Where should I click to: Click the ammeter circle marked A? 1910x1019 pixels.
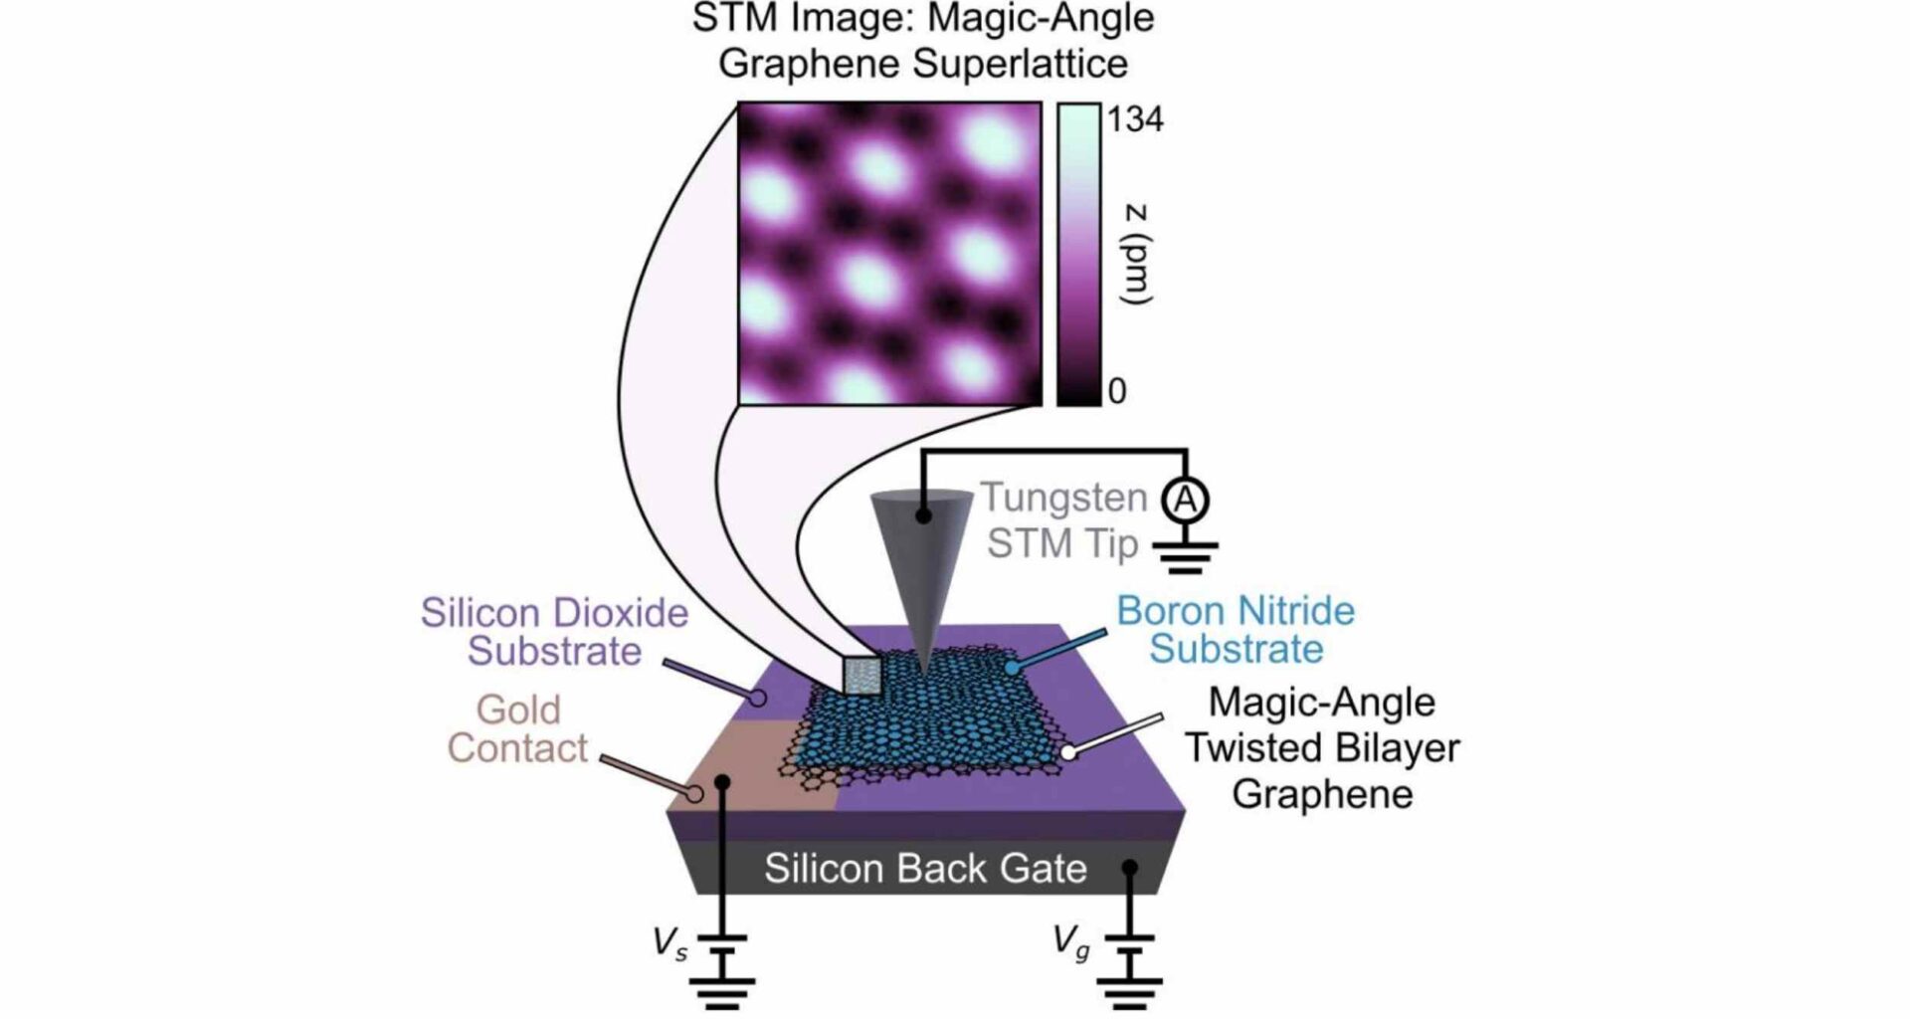coord(1185,500)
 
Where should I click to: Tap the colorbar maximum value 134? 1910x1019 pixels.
coord(1135,119)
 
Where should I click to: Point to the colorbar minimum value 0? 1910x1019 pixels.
coord(1117,391)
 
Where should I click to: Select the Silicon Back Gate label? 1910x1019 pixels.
coord(924,869)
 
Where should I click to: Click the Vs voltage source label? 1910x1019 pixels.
coord(669,942)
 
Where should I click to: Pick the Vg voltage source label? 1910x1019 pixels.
coord(1071,941)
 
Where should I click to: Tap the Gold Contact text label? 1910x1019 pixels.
coord(517,729)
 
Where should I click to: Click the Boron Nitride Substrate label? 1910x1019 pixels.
coord(1236,630)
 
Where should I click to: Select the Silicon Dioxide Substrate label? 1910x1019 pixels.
coord(554,632)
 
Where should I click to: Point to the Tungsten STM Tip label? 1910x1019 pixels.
coord(1062,520)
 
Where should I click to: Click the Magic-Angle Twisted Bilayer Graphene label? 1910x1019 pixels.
coord(1322,748)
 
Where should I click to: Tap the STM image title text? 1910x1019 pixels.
coord(923,41)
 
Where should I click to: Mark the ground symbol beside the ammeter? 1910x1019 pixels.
coord(1185,556)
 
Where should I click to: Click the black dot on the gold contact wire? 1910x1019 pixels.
coord(723,783)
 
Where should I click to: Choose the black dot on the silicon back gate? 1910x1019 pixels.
coord(1129,868)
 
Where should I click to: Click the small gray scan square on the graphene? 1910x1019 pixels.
coord(861,675)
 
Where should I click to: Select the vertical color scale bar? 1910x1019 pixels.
coord(1078,255)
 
